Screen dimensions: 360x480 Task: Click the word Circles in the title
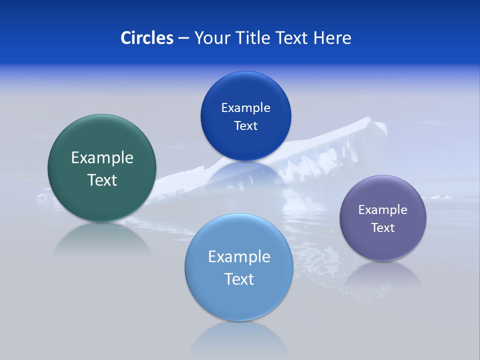147,38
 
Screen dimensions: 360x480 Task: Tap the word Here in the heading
332,38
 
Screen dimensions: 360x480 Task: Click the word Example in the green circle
102,158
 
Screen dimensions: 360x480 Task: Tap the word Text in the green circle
102,180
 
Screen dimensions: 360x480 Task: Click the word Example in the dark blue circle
245,108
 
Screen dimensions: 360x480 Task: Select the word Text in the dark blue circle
245,125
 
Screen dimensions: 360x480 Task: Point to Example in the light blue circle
239,257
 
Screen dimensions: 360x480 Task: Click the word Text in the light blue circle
239,279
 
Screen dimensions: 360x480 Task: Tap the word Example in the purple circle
383,210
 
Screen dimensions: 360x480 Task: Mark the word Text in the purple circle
383,228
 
